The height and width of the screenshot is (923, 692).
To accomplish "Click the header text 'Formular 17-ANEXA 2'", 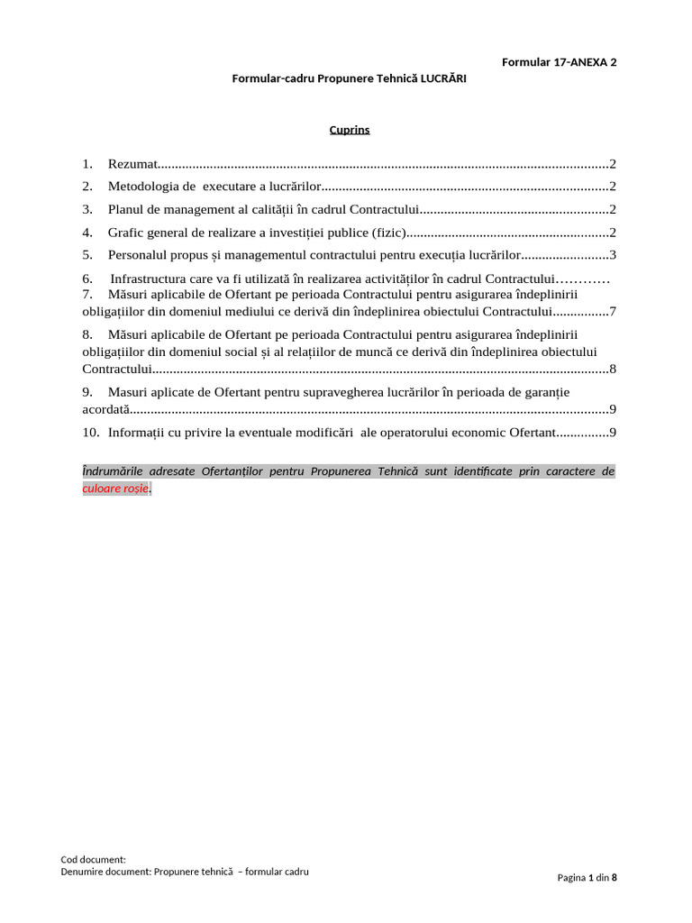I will tap(559, 62).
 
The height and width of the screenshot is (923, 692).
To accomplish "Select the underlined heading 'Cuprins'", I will tap(349, 130).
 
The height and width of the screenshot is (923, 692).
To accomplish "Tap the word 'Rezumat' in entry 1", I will tap(132, 164).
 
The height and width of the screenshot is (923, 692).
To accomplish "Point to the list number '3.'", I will tap(87, 209).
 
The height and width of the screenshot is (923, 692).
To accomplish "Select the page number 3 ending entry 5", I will tap(612, 255).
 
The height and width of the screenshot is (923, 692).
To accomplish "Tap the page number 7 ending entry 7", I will tap(612, 312).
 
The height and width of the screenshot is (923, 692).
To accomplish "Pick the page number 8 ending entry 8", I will tap(612, 369).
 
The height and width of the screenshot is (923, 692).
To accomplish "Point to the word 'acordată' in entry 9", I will tap(106, 409).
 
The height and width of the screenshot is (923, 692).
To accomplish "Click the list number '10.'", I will tap(90, 433).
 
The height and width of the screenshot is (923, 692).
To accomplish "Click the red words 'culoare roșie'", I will tap(115, 489).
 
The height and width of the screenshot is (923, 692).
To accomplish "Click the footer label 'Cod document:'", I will tap(94, 860).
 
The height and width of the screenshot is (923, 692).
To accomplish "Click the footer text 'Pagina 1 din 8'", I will tap(587, 877).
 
